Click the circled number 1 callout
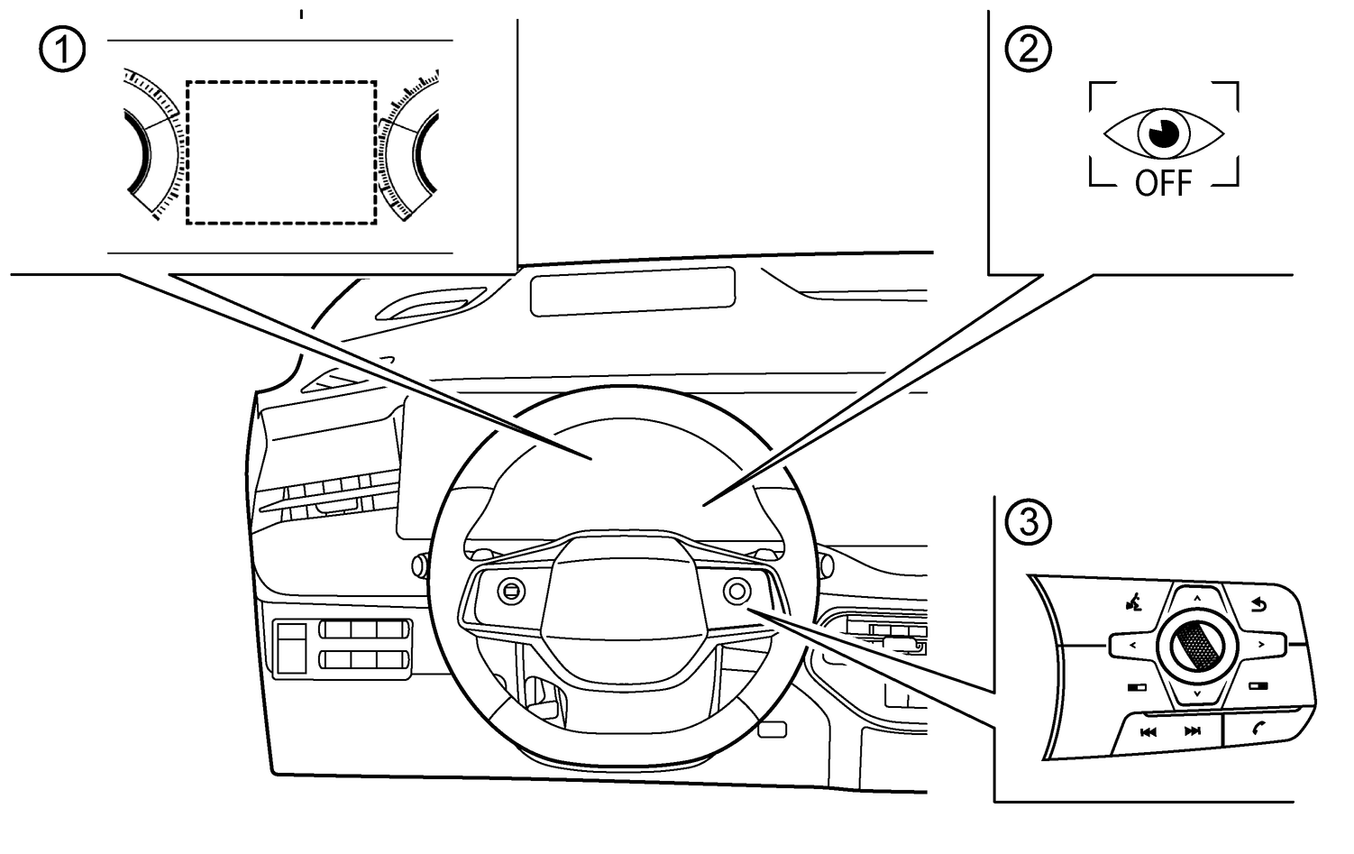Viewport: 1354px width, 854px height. [62, 50]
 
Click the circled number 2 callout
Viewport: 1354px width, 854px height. [1028, 50]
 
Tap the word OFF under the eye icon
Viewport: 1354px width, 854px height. [1163, 184]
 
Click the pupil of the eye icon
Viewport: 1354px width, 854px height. [1163, 133]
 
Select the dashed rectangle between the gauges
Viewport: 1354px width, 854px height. [281, 152]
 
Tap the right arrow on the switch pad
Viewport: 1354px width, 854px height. [1260, 645]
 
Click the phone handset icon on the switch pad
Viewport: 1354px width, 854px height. [1259, 730]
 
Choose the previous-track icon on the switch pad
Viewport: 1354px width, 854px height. [1148, 731]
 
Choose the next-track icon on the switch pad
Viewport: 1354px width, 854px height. [1193, 731]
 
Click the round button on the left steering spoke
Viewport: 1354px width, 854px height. [510, 591]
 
